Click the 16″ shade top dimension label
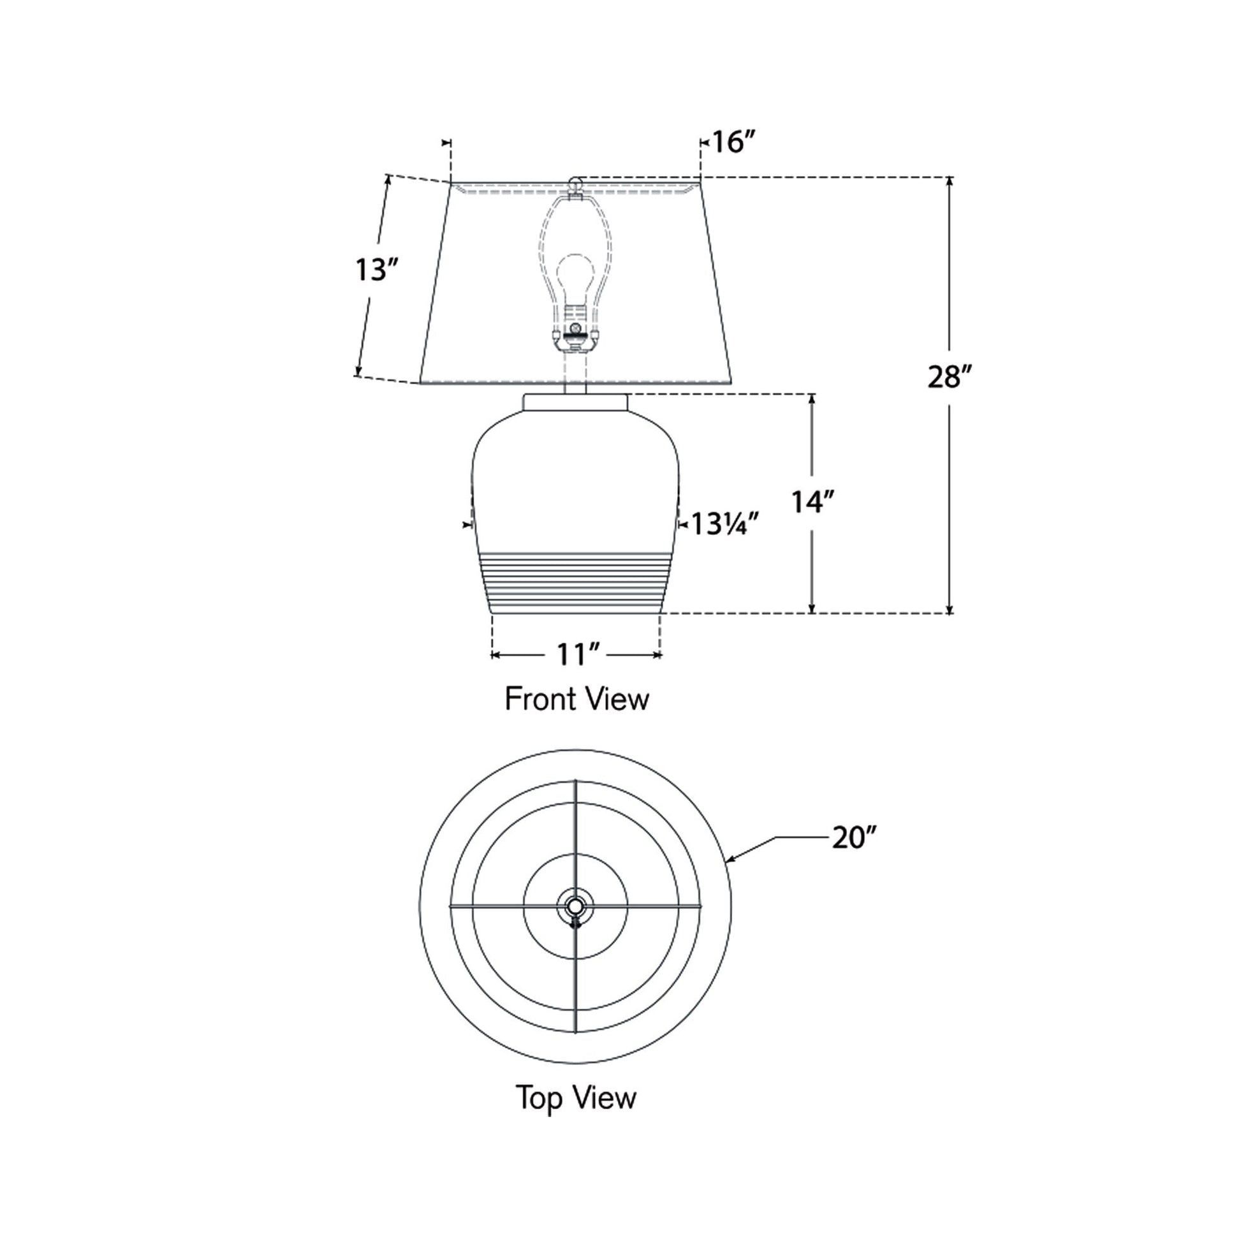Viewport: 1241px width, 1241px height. pyautogui.click(x=733, y=142)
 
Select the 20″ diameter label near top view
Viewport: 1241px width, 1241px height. pyautogui.click(x=854, y=837)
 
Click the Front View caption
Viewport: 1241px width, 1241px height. pyautogui.click(x=576, y=700)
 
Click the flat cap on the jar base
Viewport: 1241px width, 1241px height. pyautogui.click(x=575, y=403)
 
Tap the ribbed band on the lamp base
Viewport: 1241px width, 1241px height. pyautogui.click(x=575, y=582)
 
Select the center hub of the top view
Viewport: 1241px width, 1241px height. pyautogui.click(x=575, y=906)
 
